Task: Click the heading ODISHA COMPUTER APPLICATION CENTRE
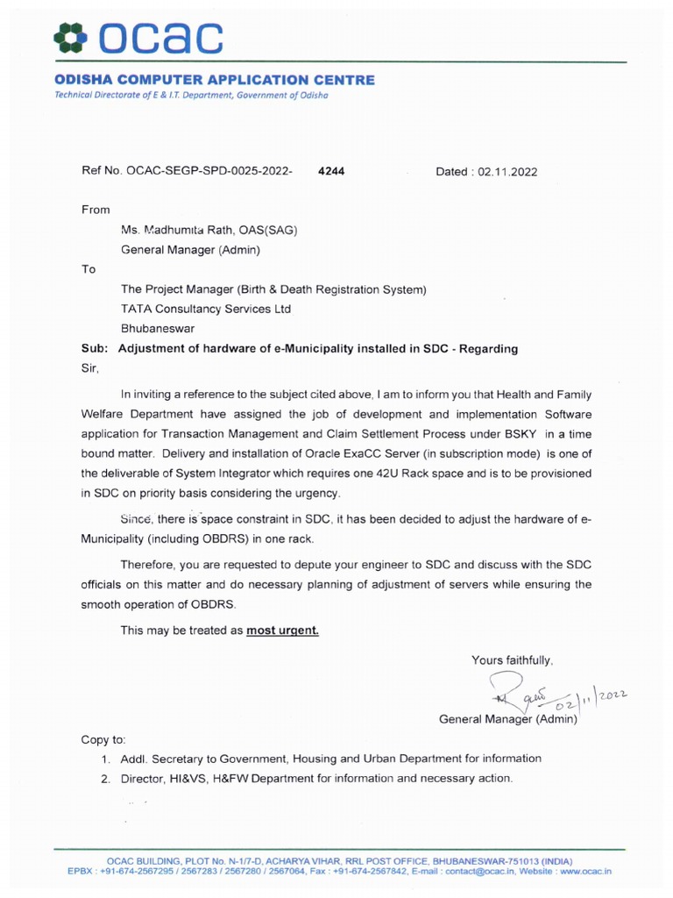click(x=214, y=80)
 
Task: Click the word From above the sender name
click(x=96, y=210)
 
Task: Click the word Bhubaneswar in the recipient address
click(x=159, y=328)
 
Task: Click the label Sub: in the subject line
click(x=95, y=348)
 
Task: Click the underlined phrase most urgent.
click(x=282, y=630)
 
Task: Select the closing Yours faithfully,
click(x=512, y=660)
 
